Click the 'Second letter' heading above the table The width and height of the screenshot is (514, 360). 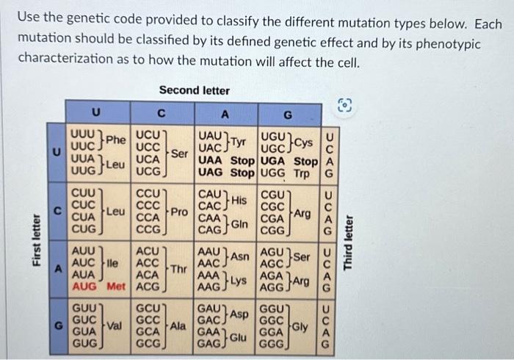click(194, 90)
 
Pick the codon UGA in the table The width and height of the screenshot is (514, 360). click(273, 162)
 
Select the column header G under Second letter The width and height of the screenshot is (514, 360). click(288, 115)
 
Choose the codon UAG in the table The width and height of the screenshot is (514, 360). click(211, 173)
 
